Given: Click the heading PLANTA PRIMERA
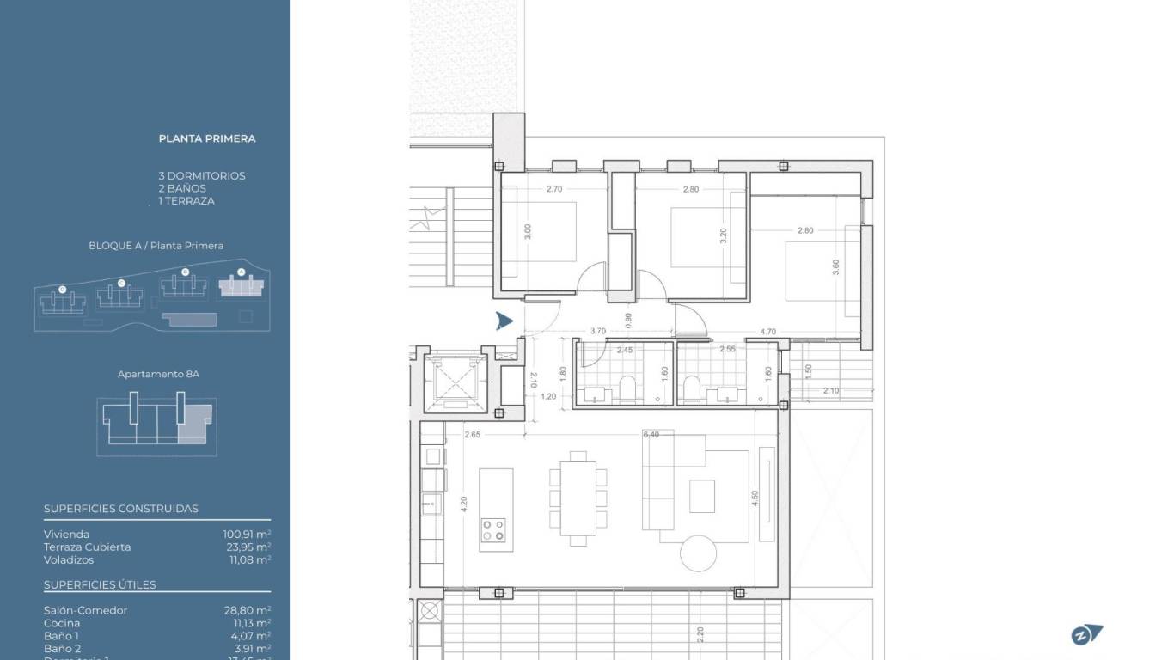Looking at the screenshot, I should (x=207, y=138).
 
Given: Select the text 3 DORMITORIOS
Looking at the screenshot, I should (x=201, y=176).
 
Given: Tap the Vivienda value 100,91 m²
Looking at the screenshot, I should (x=247, y=535).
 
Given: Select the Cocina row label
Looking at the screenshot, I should (x=62, y=623).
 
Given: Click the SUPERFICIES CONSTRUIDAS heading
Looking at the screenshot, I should (x=121, y=509).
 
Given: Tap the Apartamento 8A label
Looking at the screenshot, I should (x=158, y=375).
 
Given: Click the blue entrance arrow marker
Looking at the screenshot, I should (x=504, y=321).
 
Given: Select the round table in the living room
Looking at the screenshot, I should (x=698, y=553).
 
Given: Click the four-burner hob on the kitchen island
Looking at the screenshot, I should (x=493, y=529).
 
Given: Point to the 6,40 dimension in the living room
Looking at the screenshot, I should (x=651, y=435).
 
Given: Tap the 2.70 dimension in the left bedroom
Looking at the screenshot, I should (x=554, y=189).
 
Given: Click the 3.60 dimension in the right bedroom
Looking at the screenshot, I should (x=835, y=267).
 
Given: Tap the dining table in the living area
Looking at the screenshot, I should (x=578, y=498).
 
